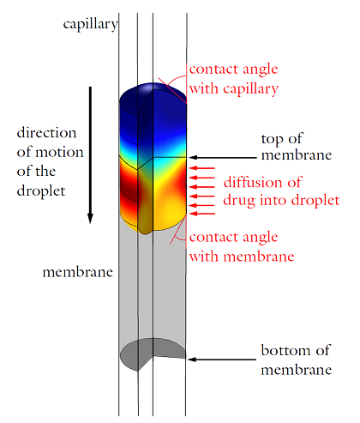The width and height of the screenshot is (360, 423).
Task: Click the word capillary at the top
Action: coord(90,25)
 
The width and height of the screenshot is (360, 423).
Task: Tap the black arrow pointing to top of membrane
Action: coord(223,157)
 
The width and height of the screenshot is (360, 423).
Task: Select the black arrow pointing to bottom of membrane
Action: coord(222,360)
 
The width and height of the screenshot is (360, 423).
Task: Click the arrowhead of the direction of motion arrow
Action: coord(90,218)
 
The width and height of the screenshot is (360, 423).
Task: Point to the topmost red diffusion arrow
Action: coord(202,168)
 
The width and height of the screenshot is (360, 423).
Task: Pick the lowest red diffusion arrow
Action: coord(202,214)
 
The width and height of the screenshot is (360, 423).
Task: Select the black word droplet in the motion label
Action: coord(41,191)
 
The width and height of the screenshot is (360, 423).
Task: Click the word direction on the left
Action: coord(46,133)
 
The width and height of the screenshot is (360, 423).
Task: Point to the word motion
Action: coord(59,152)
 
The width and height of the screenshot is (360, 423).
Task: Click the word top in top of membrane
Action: coord(272,140)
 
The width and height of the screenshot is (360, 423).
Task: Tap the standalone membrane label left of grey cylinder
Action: coord(78,272)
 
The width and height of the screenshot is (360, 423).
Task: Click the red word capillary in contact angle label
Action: coord(251,89)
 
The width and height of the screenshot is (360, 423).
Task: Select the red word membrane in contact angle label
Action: coord(259,257)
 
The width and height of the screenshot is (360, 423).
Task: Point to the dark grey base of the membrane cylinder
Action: coord(153,354)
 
